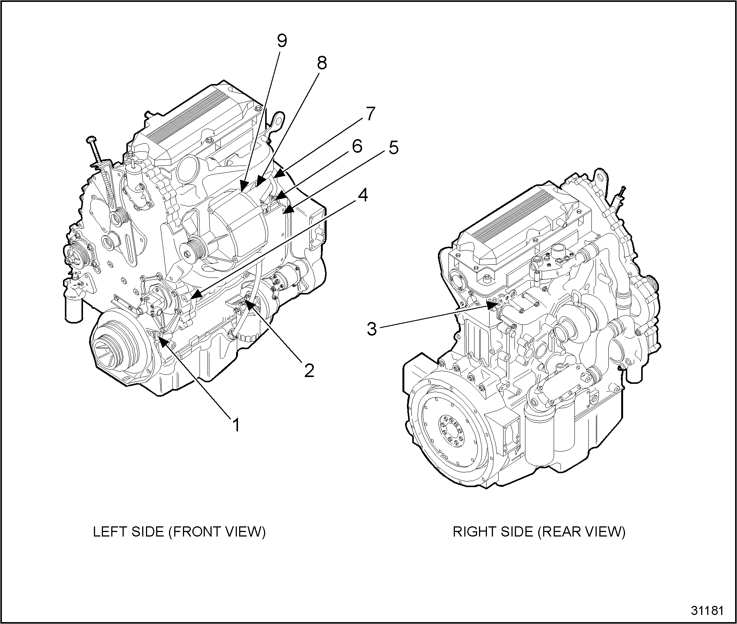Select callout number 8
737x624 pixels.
tap(321, 63)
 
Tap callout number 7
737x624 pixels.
tap(370, 114)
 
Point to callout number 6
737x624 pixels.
tap(356, 147)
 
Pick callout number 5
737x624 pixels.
tap(393, 148)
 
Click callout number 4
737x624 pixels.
tap(362, 195)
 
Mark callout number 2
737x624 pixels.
tap(309, 371)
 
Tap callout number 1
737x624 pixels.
tap(236, 425)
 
